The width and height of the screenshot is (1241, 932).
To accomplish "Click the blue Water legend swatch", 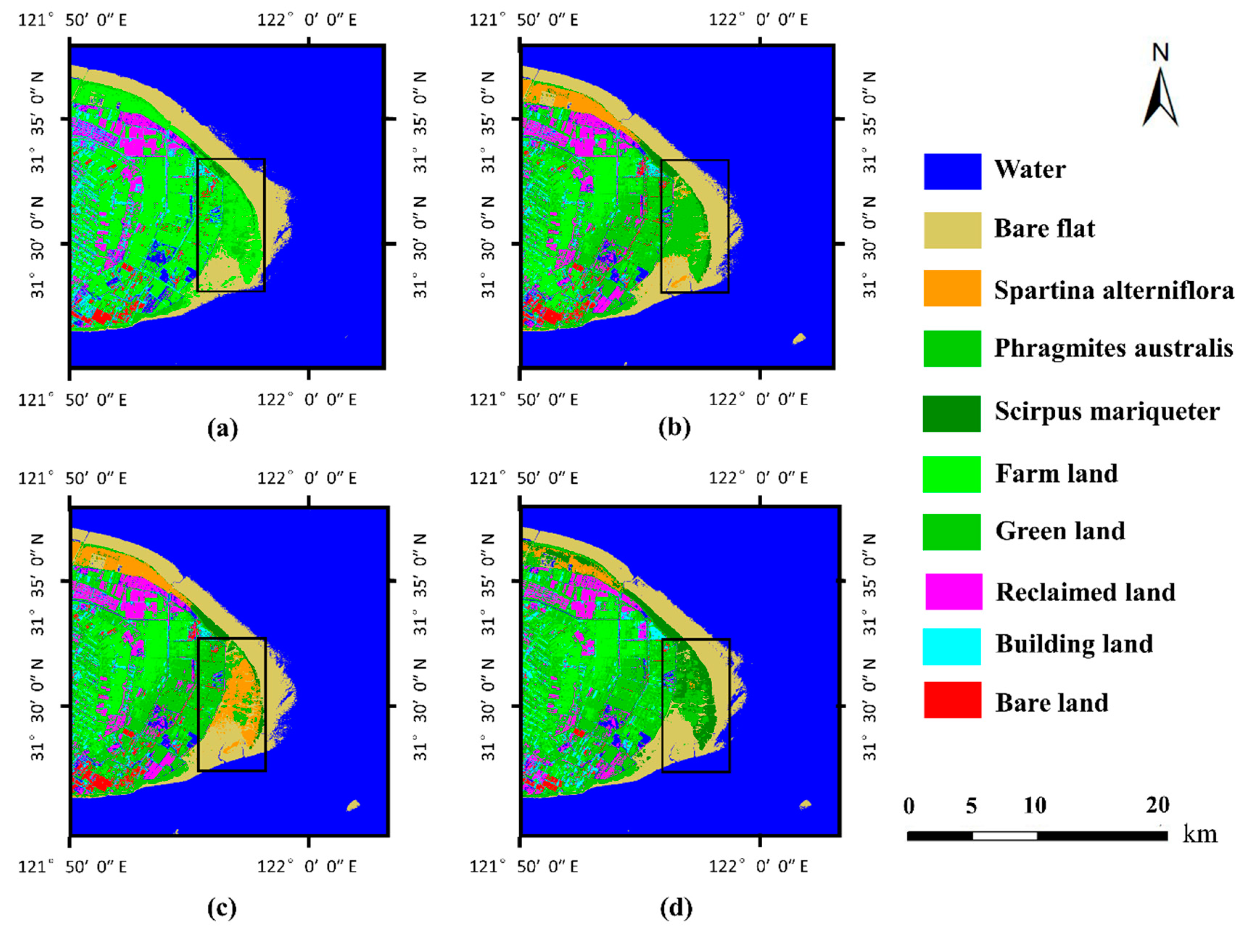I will click(x=952, y=171).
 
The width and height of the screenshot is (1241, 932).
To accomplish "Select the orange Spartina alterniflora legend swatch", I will click(x=952, y=288).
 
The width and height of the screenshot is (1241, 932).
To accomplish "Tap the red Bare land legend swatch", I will click(x=952, y=700).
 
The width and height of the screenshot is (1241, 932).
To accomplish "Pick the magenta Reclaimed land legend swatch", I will click(x=953, y=592).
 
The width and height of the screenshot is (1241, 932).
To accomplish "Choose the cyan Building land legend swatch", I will click(x=952, y=647).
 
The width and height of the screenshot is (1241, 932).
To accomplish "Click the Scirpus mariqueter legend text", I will click(x=1107, y=411).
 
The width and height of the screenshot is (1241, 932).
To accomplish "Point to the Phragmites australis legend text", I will click(x=1114, y=348).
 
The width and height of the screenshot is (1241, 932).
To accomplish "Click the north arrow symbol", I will click(x=1160, y=98).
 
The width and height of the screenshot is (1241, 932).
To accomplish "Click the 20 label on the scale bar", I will click(x=1157, y=805).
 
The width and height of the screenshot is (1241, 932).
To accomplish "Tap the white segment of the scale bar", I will click(x=1004, y=836).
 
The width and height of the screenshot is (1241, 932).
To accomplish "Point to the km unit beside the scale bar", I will click(x=1200, y=834).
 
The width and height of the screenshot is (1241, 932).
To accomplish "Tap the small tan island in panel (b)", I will click(x=799, y=338).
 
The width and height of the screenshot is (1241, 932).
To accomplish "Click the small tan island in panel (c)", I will click(x=353, y=805).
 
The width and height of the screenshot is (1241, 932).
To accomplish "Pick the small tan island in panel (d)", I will click(x=804, y=805).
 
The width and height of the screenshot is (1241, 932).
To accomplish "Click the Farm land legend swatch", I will click(x=952, y=474).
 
